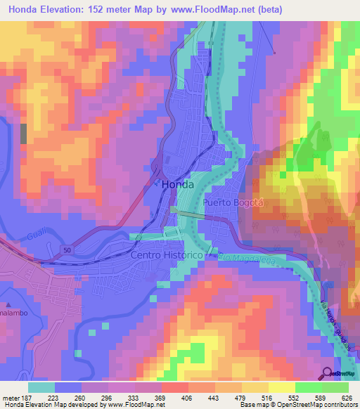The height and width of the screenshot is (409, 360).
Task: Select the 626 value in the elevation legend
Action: coord(347,397)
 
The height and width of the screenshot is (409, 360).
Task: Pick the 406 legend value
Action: coord(174,397)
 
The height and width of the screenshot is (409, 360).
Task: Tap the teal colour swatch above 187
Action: coord(41,387)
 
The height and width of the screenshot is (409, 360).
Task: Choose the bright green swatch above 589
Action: coord(309,387)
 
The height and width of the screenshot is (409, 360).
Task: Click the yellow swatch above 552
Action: coord(282,387)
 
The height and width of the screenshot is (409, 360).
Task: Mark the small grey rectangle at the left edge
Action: coord(25,134)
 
